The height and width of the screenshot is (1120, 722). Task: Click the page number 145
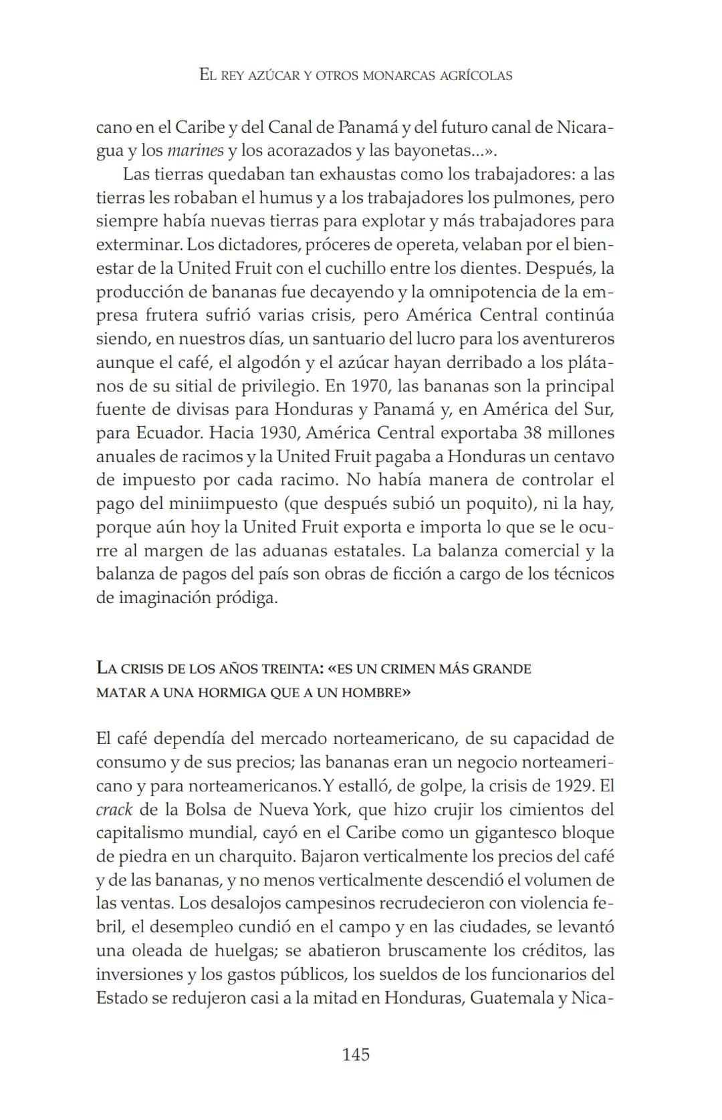pos(356,1055)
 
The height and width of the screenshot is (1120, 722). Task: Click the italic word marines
pos(195,150)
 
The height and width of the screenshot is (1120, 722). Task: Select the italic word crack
pos(114,809)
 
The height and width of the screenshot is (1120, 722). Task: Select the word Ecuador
pos(169,433)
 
